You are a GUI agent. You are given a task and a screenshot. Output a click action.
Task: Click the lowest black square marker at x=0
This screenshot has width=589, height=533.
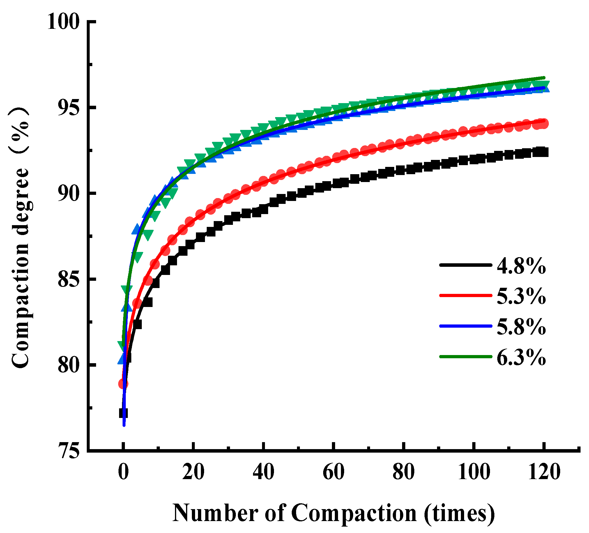pos(123,414)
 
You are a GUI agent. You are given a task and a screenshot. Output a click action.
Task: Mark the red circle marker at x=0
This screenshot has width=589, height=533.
pos(123,384)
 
